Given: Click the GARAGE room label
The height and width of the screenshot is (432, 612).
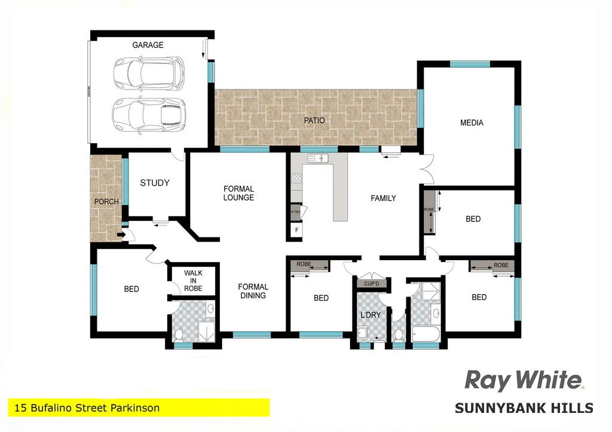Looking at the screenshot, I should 147,45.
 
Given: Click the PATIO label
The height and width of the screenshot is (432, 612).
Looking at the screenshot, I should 314,121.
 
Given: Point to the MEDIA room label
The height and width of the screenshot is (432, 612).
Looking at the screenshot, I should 472,123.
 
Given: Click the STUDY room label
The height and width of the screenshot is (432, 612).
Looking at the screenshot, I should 155,183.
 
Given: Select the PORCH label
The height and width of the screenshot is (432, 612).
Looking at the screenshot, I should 106,202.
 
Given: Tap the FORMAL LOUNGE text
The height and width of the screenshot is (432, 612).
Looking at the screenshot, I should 238,193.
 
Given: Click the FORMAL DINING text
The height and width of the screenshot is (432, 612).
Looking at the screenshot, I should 253,291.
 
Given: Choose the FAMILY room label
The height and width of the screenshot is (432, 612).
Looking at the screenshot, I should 383,198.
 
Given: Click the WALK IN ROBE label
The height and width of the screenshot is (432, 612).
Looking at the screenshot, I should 193,281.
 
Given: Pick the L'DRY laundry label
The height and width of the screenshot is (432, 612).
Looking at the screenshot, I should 370,314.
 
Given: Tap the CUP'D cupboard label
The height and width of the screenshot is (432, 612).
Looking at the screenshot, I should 371,284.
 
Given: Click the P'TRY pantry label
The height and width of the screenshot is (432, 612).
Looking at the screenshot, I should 295,212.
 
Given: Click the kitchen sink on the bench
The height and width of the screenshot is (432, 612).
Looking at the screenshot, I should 319,158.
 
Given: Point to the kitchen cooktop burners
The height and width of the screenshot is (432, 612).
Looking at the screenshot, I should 296,178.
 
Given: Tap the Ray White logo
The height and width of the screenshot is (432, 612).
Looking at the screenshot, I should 524,380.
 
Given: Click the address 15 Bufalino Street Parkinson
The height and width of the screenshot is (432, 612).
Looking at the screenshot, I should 85,408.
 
